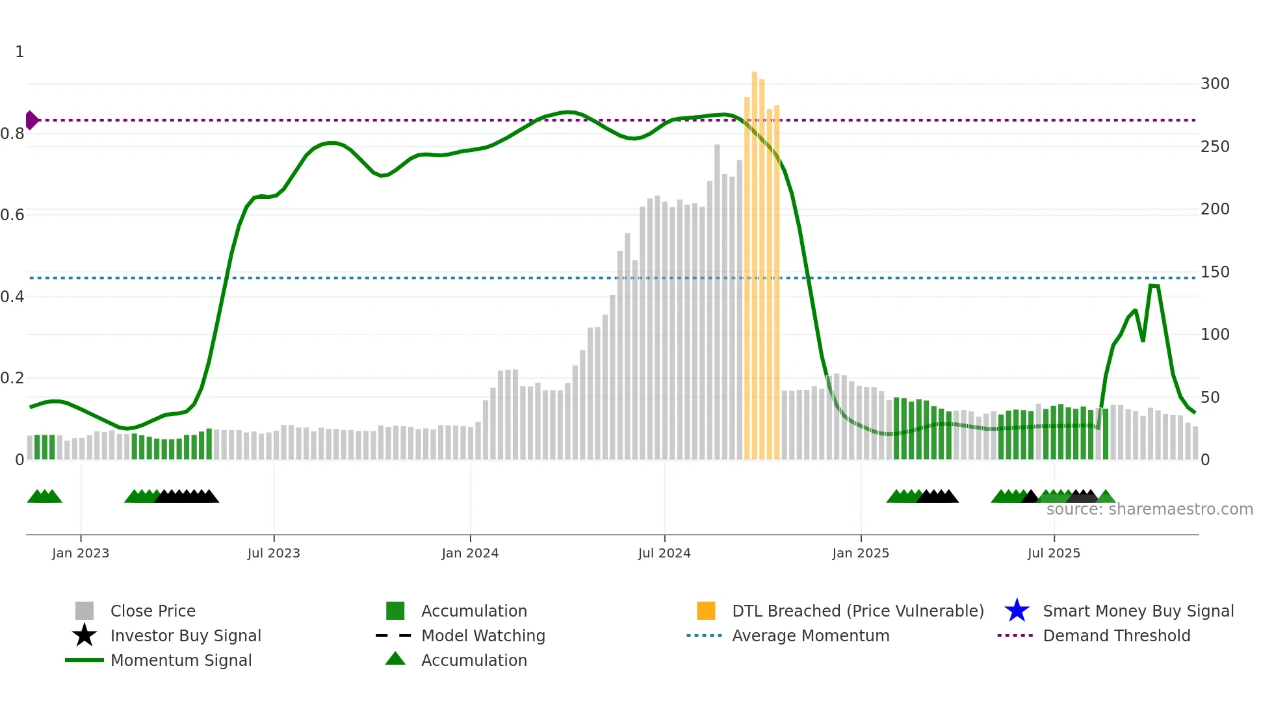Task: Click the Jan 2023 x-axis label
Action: click(81, 553)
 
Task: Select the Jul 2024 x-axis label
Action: click(664, 553)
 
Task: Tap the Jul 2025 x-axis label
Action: click(1054, 553)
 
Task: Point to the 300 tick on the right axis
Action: click(1215, 84)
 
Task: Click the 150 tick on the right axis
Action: click(1215, 272)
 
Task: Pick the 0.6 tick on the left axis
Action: click(12, 215)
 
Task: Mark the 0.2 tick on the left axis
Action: click(12, 378)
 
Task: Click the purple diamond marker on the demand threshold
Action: click(31, 120)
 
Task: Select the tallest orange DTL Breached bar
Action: click(754, 260)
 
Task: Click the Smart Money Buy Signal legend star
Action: click(1017, 611)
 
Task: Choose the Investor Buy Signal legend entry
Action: click(185, 635)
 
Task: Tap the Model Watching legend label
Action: click(483, 635)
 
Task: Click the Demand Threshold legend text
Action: click(1116, 635)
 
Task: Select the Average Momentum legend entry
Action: click(811, 635)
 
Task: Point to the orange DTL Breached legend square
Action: click(706, 611)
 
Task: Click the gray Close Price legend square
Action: click(84, 611)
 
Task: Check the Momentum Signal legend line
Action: click(84, 660)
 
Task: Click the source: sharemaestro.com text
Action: click(1149, 509)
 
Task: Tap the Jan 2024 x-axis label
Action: click(470, 553)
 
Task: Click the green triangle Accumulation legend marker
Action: click(395, 659)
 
